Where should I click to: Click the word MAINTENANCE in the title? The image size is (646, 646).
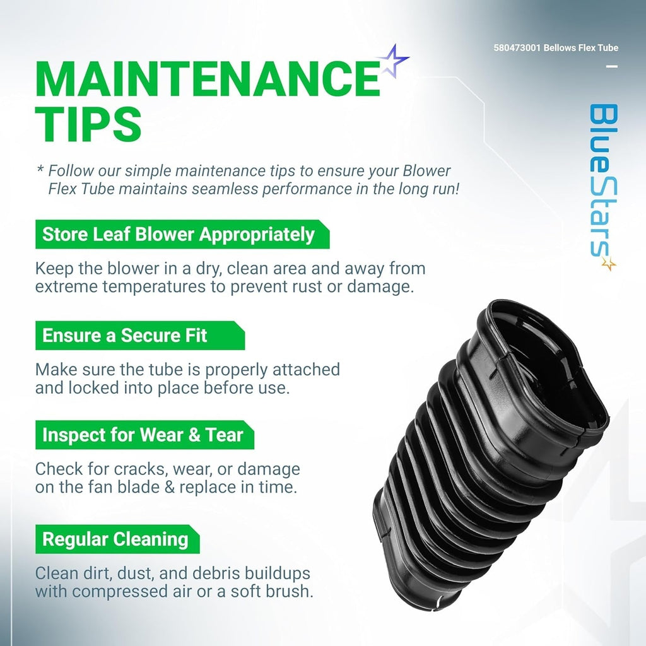208,79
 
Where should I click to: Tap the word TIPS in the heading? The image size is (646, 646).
88,124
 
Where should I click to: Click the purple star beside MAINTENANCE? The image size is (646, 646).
394,61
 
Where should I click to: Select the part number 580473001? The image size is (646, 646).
517,48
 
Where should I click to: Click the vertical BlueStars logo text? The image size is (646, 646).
604,181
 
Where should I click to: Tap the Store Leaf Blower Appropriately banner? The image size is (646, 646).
182,235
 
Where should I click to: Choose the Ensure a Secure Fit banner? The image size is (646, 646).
140,336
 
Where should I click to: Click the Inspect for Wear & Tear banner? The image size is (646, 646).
144,435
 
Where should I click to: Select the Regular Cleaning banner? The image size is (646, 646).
117,539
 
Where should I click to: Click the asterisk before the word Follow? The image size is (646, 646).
40,168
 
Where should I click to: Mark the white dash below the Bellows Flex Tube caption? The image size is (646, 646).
613,66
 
